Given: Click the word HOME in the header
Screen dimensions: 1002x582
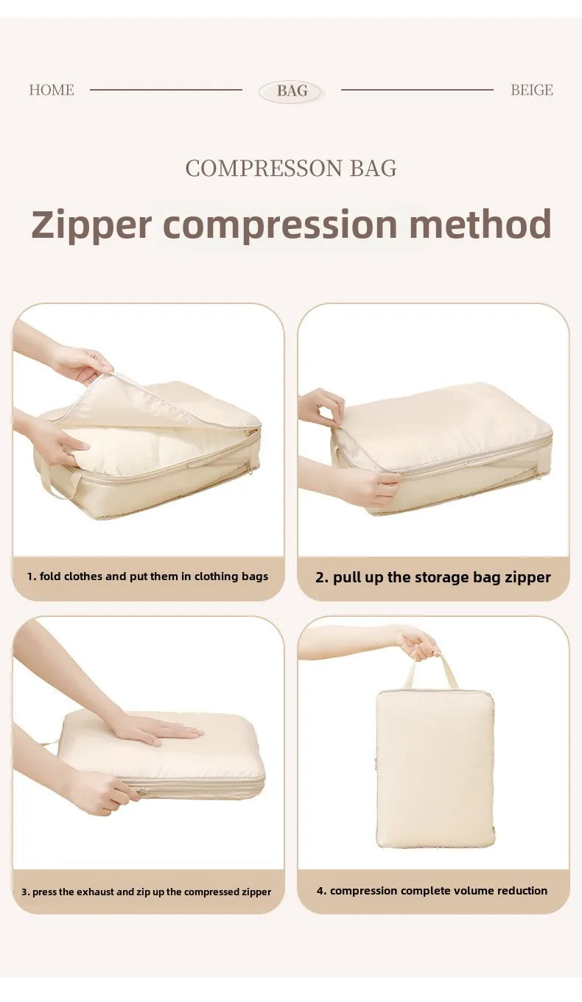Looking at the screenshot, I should [x=52, y=90].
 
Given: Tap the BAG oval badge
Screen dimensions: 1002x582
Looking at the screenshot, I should [x=292, y=91].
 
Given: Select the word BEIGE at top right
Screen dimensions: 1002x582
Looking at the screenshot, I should [x=531, y=90].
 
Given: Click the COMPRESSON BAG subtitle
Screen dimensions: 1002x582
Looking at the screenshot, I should [x=291, y=169].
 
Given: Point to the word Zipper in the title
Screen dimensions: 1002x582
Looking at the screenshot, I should [x=91, y=225].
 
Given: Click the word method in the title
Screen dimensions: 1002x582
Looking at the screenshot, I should [x=480, y=224].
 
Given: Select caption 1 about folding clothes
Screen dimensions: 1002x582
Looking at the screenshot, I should [x=147, y=576].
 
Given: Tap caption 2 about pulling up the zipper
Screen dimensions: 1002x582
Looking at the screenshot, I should [x=433, y=577].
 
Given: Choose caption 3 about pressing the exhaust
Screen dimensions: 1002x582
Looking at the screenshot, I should [x=146, y=892].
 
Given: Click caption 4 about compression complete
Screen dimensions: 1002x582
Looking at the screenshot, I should [x=432, y=891].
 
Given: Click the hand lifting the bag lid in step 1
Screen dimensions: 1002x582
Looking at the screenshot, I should [x=83, y=363].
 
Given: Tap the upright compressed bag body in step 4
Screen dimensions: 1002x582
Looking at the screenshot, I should [x=435, y=769].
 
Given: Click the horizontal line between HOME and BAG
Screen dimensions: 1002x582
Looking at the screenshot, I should [x=166, y=90].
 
